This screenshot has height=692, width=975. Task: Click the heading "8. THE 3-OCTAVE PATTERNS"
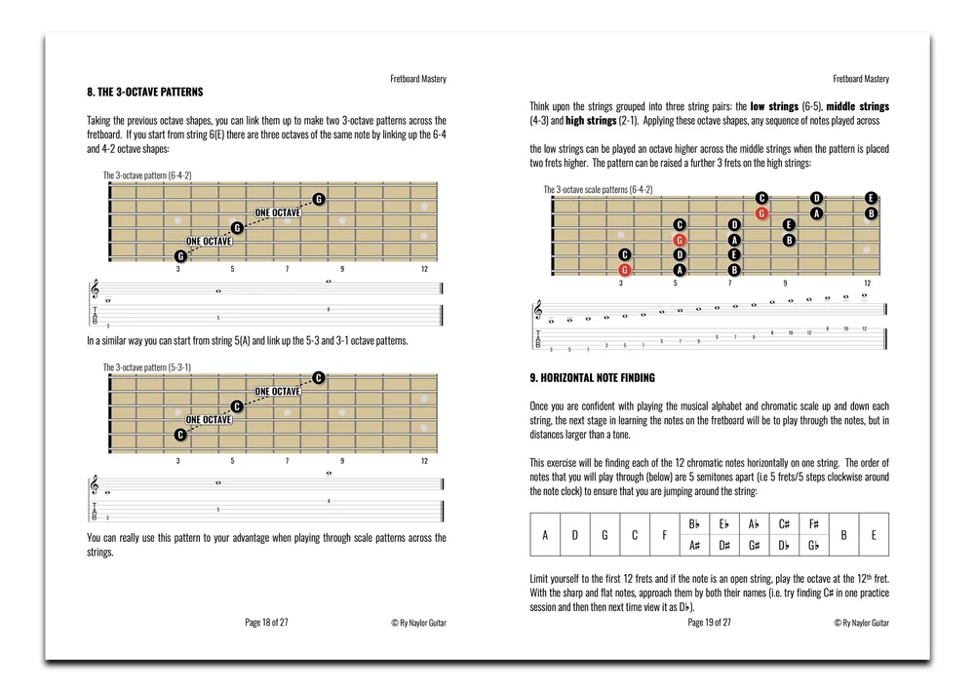145,92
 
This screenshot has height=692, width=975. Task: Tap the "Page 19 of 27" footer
710,621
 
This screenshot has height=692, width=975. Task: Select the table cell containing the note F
664,534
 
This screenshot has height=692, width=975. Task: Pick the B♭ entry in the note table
694,523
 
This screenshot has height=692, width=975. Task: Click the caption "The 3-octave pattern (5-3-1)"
147,367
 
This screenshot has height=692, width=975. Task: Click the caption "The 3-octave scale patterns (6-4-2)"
598,189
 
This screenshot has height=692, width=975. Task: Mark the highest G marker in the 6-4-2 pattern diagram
319,200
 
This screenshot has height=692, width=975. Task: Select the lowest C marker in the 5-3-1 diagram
180,435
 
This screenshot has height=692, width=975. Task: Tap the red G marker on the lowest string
625,270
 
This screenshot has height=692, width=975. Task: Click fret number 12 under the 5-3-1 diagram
424,459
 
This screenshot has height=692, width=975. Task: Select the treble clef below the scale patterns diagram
537,310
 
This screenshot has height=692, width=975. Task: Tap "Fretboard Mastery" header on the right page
862,79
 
